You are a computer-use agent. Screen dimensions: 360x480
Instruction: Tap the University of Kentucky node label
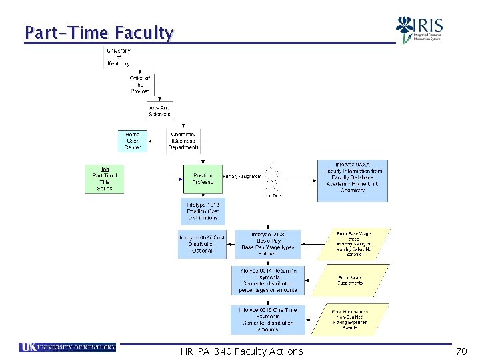pyautogui.click(x=118, y=57)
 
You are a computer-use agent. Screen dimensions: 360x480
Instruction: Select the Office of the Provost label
pyautogui.click(x=140, y=85)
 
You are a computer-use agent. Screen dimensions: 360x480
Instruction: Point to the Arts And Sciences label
pyautogui.click(x=159, y=111)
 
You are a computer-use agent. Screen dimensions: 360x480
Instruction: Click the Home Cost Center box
pyautogui.click(x=133, y=141)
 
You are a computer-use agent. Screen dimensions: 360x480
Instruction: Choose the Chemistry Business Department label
pyautogui.click(x=183, y=141)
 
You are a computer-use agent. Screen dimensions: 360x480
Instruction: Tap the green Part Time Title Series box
pyautogui.click(x=105, y=179)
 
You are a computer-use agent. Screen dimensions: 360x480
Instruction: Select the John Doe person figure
pyautogui.click(x=271, y=179)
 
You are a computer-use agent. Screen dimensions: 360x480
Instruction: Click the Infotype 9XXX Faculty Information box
pyautogui.click(x=352, y=181)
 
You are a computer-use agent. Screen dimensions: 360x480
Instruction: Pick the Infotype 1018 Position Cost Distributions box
pyautogui.click(x=203, y=211)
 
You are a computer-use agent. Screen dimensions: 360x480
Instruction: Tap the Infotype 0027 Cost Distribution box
pyautogui.click(x=202, y=244)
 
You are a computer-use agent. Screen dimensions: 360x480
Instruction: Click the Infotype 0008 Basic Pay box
pyautogui.click(x=267, y=244)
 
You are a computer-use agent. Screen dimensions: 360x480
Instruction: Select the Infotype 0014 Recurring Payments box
pyautogui.click(x=267, y=280)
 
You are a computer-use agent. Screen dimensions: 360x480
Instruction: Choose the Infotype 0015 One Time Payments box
pyautogui.click(x=267, y=319)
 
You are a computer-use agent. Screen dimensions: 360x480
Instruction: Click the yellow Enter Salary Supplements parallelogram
pyautogui.click(x=351, y=280)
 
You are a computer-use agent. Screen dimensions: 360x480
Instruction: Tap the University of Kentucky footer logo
pyautogui.click(x=68, y=347)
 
